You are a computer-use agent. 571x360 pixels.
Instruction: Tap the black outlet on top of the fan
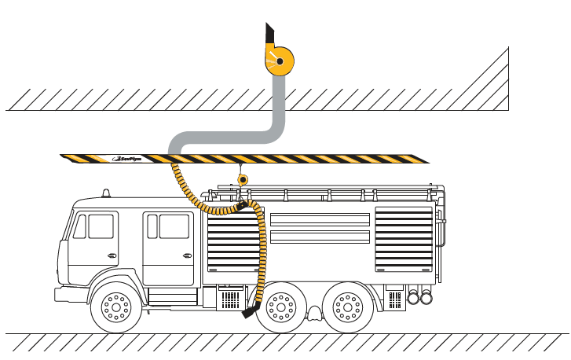click(269, 36)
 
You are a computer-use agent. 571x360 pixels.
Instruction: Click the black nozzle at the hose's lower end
click(251, 311)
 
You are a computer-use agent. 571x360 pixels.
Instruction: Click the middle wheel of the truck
click(280, 307)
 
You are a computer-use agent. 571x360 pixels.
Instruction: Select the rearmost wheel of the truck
click(348, 307)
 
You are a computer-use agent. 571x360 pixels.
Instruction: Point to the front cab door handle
click(112, 255)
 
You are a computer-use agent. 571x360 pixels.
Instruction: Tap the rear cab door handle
click(186, 255)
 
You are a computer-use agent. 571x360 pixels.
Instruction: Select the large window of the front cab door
click(101, 226)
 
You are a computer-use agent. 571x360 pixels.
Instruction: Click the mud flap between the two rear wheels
click(314, 314)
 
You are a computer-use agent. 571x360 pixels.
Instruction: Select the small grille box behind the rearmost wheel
click(393, 299)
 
